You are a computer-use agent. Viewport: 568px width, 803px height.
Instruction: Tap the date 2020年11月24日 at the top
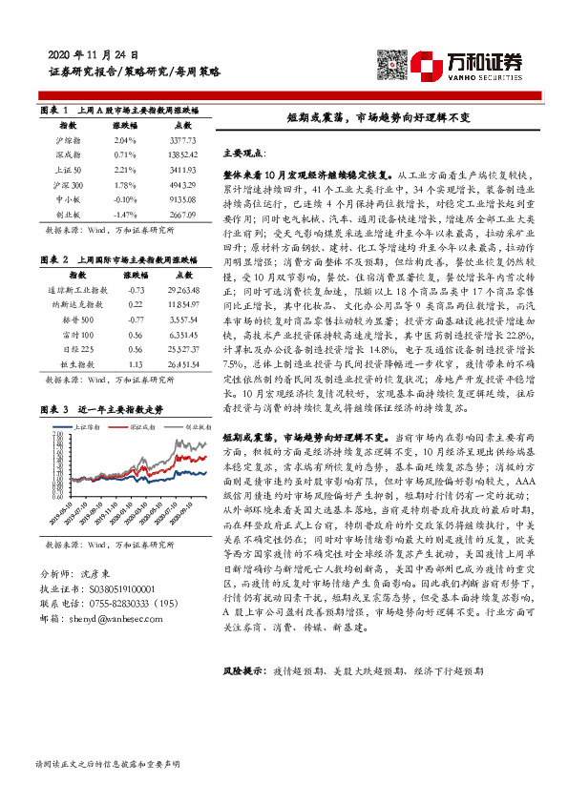[92, 54]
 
